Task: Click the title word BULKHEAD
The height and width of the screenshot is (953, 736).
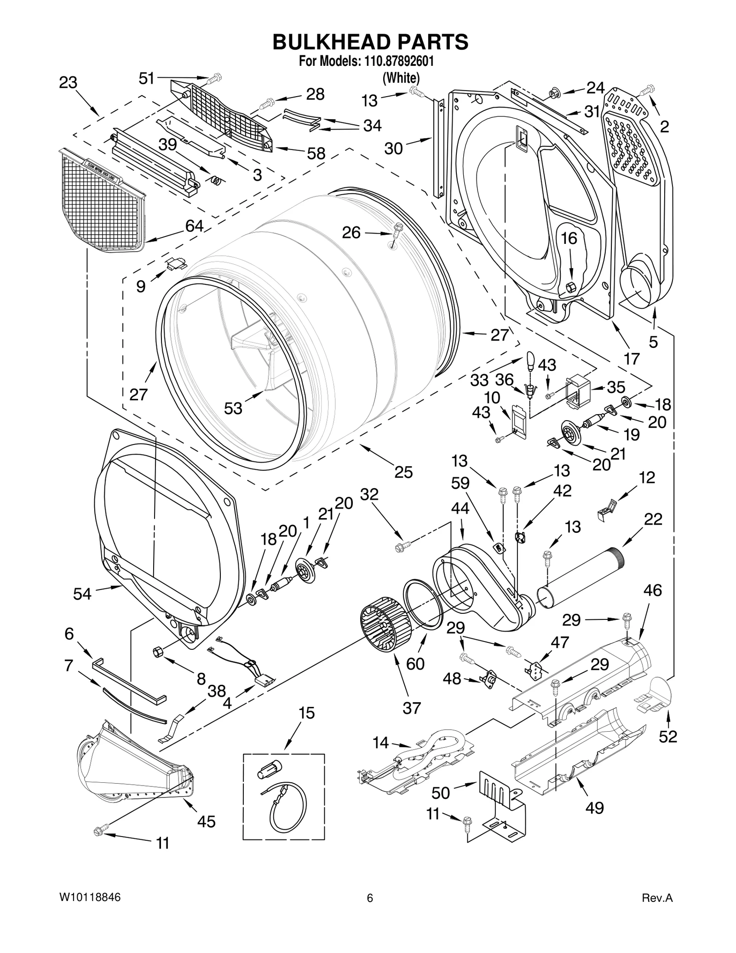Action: click(x=327, y=42)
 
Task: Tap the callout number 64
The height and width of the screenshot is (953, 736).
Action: click(x=194, y=225)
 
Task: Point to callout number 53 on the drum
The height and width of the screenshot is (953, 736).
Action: click(x=233, y=408)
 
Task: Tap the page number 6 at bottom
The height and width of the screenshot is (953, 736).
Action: click(x=369, y=898)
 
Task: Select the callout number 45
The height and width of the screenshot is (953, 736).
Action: click(x=206, y=821)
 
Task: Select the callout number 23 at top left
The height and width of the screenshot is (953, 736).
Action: click(x=68, y=83)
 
